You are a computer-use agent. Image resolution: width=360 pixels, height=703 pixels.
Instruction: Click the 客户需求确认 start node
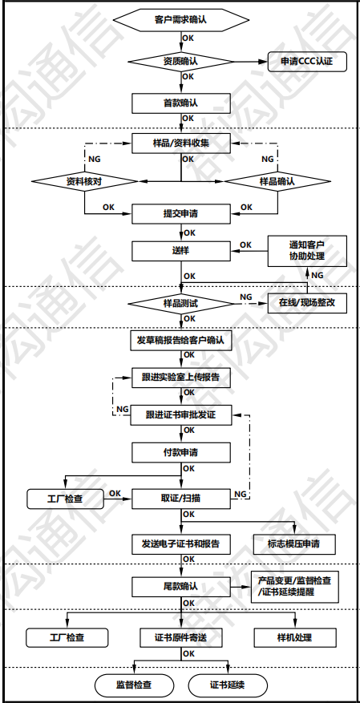pos(180,18)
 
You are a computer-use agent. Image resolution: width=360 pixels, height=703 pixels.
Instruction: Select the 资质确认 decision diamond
pos(180,60)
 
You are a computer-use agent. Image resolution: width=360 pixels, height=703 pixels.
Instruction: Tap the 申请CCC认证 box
pos(306,61)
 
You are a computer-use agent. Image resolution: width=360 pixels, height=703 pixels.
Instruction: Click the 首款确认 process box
pos(180,103)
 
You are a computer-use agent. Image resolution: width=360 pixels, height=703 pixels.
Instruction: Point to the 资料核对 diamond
pos(84,181)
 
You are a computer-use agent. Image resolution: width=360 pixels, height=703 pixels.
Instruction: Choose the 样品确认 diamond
pos(277,181)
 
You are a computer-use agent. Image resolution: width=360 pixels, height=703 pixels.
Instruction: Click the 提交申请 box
pos(180,214)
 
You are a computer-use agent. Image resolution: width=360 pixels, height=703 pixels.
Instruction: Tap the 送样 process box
pos(180,250)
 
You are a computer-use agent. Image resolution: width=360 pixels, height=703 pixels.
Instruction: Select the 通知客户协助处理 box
pos(306,250)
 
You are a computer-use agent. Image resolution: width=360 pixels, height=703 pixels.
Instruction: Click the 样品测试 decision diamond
pos(180,305)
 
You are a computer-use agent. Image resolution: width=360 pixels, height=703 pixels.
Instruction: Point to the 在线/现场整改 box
pos(306,305)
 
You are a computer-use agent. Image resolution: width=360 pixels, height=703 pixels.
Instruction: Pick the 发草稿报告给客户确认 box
pos(180,341)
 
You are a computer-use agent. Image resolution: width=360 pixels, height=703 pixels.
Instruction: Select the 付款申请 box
pos(180,452)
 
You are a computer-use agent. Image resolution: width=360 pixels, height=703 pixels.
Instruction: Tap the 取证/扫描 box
pos(180,498)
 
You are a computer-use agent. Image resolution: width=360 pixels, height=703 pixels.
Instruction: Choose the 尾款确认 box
pos(180,587)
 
